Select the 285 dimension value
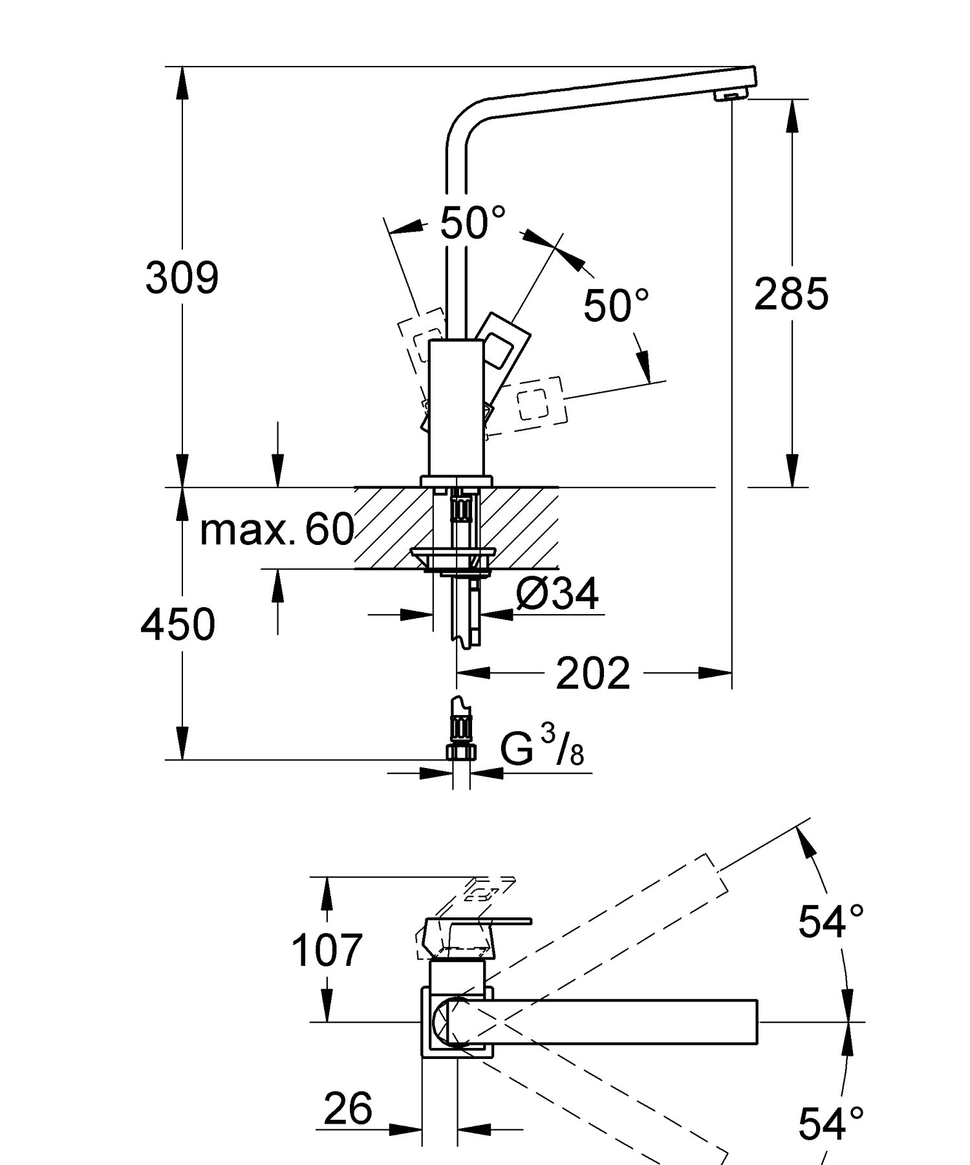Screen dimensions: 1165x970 (791, 294)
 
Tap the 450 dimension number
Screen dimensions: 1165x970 (178, 625)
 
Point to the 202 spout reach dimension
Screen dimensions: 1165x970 (592, 674)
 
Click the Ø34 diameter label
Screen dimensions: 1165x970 (557, 593)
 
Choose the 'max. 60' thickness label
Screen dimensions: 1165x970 (277, 529)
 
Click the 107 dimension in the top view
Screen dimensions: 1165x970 (327, 950)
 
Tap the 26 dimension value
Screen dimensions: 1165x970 (348, 1108)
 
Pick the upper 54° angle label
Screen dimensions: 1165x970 (830, 921)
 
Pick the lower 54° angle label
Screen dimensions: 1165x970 (830, 1124)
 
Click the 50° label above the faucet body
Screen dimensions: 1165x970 (472, 223)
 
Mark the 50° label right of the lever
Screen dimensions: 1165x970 (616, 305)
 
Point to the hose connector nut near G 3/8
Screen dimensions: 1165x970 (460, 752)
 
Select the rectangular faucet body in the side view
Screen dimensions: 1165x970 (457, 407)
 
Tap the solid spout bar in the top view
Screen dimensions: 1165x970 (614, 1021)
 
